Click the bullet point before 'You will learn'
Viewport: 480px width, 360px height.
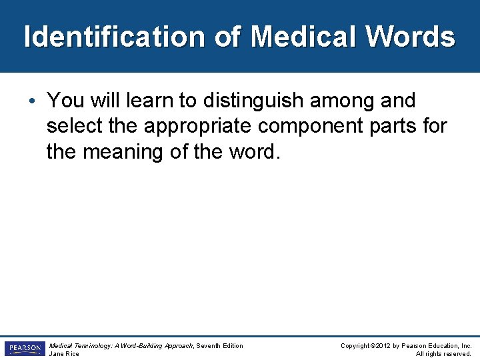33,101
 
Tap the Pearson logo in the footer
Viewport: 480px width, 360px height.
24,349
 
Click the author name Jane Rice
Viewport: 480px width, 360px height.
64,354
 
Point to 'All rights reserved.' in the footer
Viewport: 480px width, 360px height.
443,354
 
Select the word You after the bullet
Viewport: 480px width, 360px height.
63,101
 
